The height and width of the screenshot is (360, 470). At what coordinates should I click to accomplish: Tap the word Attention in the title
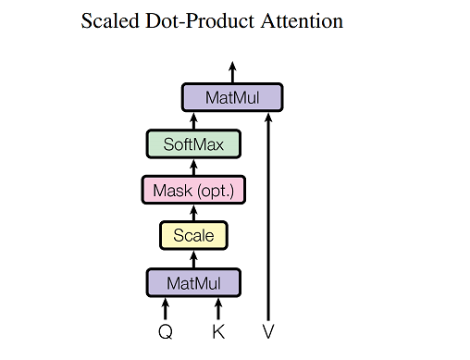[x=297, y=21]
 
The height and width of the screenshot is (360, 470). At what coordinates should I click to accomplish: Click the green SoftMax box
[x=193, y=143]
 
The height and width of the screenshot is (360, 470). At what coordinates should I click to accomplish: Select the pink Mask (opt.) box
[x=193, y=190]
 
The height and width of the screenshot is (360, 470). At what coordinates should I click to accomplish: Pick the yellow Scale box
[x=193, y=236]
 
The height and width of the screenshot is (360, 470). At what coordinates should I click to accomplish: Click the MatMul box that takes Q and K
[x=193, y=281]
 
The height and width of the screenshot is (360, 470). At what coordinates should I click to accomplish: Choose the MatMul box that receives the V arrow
[x=231, y=97]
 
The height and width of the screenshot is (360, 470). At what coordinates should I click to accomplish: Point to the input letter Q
[x=167, y=331]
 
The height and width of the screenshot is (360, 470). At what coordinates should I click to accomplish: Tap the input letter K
[x=219, y=331]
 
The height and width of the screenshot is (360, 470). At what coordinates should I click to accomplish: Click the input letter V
[x=269, y=331]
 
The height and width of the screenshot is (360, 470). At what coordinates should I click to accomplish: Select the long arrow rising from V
[x=269, y=213]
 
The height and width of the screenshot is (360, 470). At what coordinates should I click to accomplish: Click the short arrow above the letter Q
[x=167, y=307]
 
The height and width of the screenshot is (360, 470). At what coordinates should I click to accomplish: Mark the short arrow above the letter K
[x=219, y=307]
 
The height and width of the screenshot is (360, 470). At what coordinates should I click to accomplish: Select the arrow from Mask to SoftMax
[x=193, y=167]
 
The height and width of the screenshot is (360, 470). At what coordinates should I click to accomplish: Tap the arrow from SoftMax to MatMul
[x=193, y=120]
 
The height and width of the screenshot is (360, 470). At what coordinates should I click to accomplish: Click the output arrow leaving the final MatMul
[x=231, y=71]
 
